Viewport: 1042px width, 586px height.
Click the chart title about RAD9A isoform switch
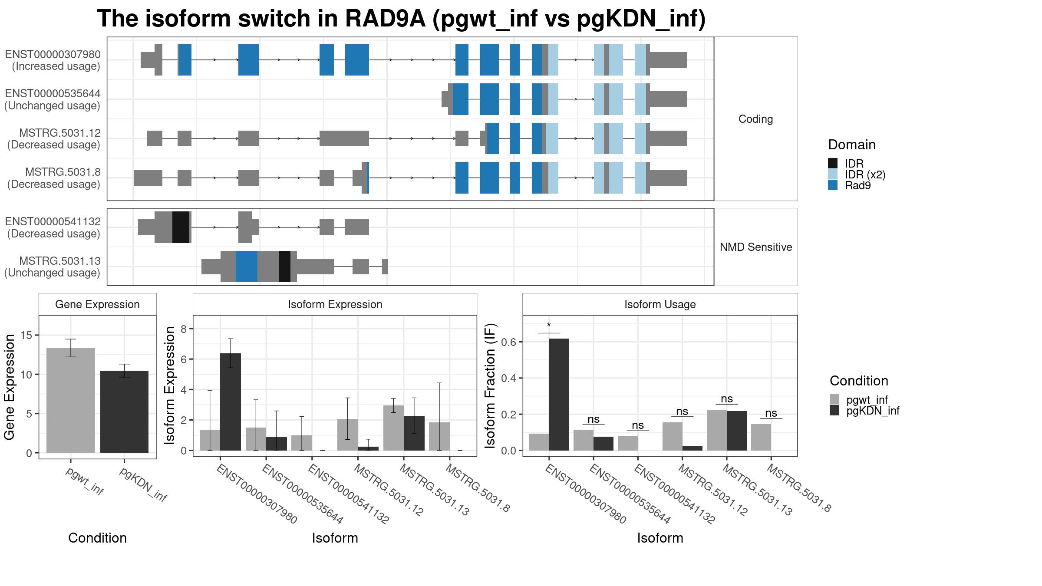coord(401,19)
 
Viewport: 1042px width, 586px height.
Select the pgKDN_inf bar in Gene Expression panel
coord(124,412)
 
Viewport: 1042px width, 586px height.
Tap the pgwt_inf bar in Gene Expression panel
coord(71,400)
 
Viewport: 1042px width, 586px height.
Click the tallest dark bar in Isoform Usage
coord(559,395)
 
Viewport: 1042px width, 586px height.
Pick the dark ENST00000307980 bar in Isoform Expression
coord(231,402)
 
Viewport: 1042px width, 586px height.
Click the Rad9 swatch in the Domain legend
coord(833,185)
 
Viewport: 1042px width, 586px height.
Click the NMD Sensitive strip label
coord(756,247)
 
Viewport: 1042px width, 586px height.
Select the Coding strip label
coord(756,119)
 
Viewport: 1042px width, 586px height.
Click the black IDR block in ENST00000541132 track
coord(181,227)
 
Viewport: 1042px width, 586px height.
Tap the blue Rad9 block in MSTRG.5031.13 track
coord(247,267)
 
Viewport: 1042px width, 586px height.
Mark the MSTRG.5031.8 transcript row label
coord(54,178)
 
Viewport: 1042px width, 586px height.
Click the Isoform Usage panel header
coord(660,304)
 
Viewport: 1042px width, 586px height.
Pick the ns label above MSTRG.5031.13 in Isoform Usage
coord(727,398)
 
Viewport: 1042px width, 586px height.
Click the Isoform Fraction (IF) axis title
coord(490,385)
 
